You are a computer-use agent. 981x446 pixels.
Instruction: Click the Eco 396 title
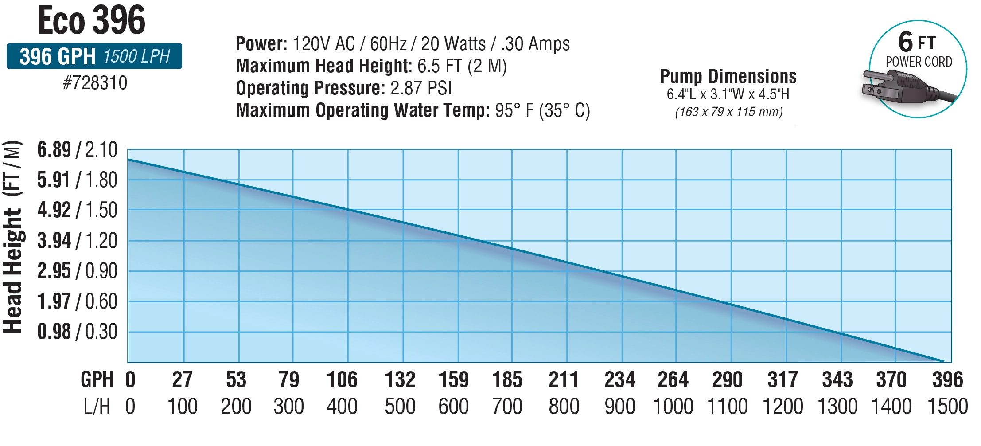(92, 20)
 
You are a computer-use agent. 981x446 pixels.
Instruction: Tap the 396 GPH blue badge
(94, 56)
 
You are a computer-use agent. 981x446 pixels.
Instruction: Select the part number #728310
(95, 83)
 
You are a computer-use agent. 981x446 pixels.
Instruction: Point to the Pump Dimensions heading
(728, 76)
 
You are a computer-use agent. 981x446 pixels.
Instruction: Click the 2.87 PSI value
(421, 88)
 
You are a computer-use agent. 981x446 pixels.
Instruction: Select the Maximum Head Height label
(324, 66)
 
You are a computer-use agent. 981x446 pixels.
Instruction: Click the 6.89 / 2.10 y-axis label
(77, 150)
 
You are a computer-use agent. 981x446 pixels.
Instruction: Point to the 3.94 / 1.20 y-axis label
(77, 241)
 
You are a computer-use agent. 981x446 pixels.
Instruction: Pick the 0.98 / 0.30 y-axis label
(77, 332)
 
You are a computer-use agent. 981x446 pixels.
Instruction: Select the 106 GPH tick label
(342, 380)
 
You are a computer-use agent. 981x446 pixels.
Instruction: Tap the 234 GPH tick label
(619, 380)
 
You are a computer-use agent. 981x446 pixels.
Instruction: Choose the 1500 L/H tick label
(947, 407)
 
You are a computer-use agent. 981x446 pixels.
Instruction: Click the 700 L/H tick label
(507, 407)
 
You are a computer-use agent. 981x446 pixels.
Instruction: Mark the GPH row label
(97, 380)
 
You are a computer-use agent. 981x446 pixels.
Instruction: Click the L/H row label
(97, 407)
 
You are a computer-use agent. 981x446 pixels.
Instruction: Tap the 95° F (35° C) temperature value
(542, 110)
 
